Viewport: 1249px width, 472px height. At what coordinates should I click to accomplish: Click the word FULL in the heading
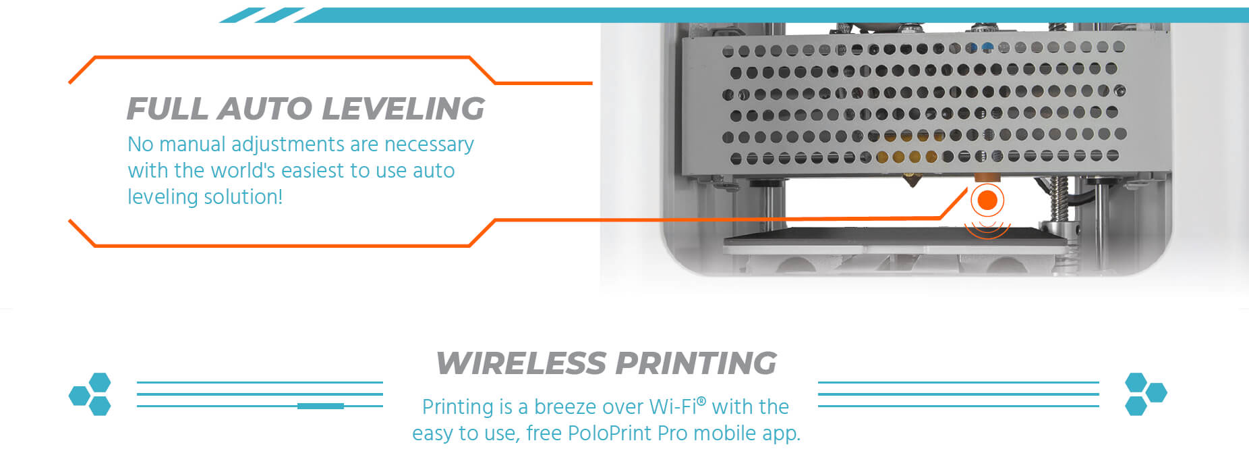[x=167, y=109]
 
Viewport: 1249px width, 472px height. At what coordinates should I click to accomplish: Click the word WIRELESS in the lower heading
[x=521, y=363]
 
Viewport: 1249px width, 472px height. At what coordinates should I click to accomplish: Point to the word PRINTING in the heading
[x=696, y=363]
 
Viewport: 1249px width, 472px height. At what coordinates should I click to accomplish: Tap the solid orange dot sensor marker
[x=987, y=200]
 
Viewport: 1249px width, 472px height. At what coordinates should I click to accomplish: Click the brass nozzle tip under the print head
[x=912, y=181]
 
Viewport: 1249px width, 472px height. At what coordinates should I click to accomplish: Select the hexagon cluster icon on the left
[x=90, y=394]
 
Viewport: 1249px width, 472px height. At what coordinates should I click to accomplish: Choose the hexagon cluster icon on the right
[x=1146, y=394]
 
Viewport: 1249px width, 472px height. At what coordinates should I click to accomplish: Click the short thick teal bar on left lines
[x=320, y=406]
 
